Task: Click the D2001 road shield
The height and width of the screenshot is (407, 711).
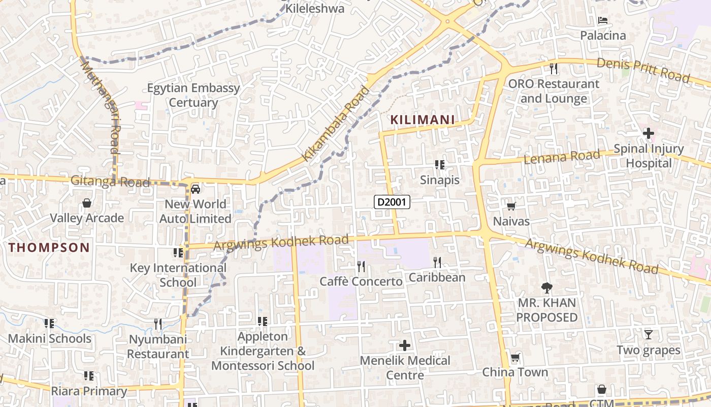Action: point(392,202)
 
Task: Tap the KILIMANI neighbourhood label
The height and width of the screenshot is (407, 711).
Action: point(422,120)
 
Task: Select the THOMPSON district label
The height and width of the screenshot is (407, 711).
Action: point(49,248)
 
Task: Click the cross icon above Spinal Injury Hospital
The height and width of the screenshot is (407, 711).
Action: point(648,133)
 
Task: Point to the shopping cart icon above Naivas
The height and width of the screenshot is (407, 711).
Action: point(511,206)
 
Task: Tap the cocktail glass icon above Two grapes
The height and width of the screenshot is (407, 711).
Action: point(648,335)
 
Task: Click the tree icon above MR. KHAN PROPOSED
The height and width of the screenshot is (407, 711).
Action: point(546,288)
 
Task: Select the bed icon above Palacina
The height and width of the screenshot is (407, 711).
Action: point(603,20)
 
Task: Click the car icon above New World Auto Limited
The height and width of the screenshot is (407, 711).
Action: point(196,189)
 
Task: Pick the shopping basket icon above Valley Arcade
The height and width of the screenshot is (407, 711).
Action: point(87,203)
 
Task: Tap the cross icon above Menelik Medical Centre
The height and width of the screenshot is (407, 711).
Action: point(405,346)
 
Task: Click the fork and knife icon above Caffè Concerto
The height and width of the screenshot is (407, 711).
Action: point(361,266)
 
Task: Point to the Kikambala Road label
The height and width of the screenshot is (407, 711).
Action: point(336,124)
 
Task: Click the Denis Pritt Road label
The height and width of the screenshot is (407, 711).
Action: point(643,70)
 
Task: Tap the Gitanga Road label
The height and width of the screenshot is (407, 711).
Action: point(110,181)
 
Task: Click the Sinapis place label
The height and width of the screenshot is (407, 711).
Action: point(440,180)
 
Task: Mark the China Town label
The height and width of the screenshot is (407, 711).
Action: point(515,372)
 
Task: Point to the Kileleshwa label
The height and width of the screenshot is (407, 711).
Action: point(315,9)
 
